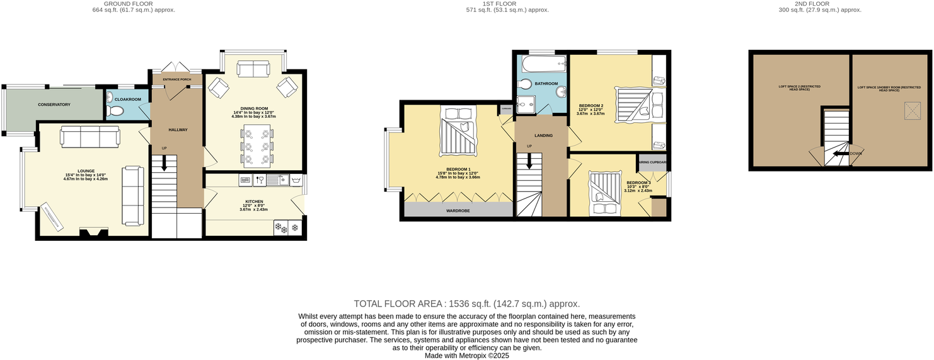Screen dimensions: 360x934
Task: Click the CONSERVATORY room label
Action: click(x=54, y=104)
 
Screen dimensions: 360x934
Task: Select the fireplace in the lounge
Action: click(x=93, y=233)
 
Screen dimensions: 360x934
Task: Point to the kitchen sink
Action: click(x=278, y=181)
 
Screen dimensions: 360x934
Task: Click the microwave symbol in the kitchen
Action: click(x=245, y=181)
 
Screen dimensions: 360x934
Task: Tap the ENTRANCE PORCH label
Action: click(x=176, y=79)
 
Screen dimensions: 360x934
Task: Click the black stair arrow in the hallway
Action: click(x=164, y=164)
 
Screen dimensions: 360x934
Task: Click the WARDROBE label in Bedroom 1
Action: click(x=458, y=211)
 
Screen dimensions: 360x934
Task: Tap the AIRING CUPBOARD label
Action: click(x=652, y=162)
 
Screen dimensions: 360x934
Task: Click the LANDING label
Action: click(x=543, y=135)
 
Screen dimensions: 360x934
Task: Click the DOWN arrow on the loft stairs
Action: click(x=841, y=153)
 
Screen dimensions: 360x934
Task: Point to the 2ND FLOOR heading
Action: click(x=819, y=4)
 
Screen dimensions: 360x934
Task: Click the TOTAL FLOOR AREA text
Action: click(x=466, y=303)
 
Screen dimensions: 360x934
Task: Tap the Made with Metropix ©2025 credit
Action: click(x=466, y=356)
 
